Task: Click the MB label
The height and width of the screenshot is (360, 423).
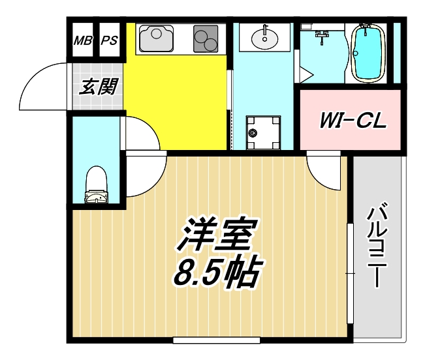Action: [83, 40]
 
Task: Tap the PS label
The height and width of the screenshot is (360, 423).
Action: [109, 40]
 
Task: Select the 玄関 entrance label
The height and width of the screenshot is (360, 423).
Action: [98, 87]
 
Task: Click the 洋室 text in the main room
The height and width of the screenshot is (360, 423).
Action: [216, 236]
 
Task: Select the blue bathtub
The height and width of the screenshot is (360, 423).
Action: [368, 52]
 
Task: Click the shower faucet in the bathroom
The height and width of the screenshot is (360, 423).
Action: [321, 35]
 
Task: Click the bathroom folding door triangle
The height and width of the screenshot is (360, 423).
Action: [305, 73]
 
